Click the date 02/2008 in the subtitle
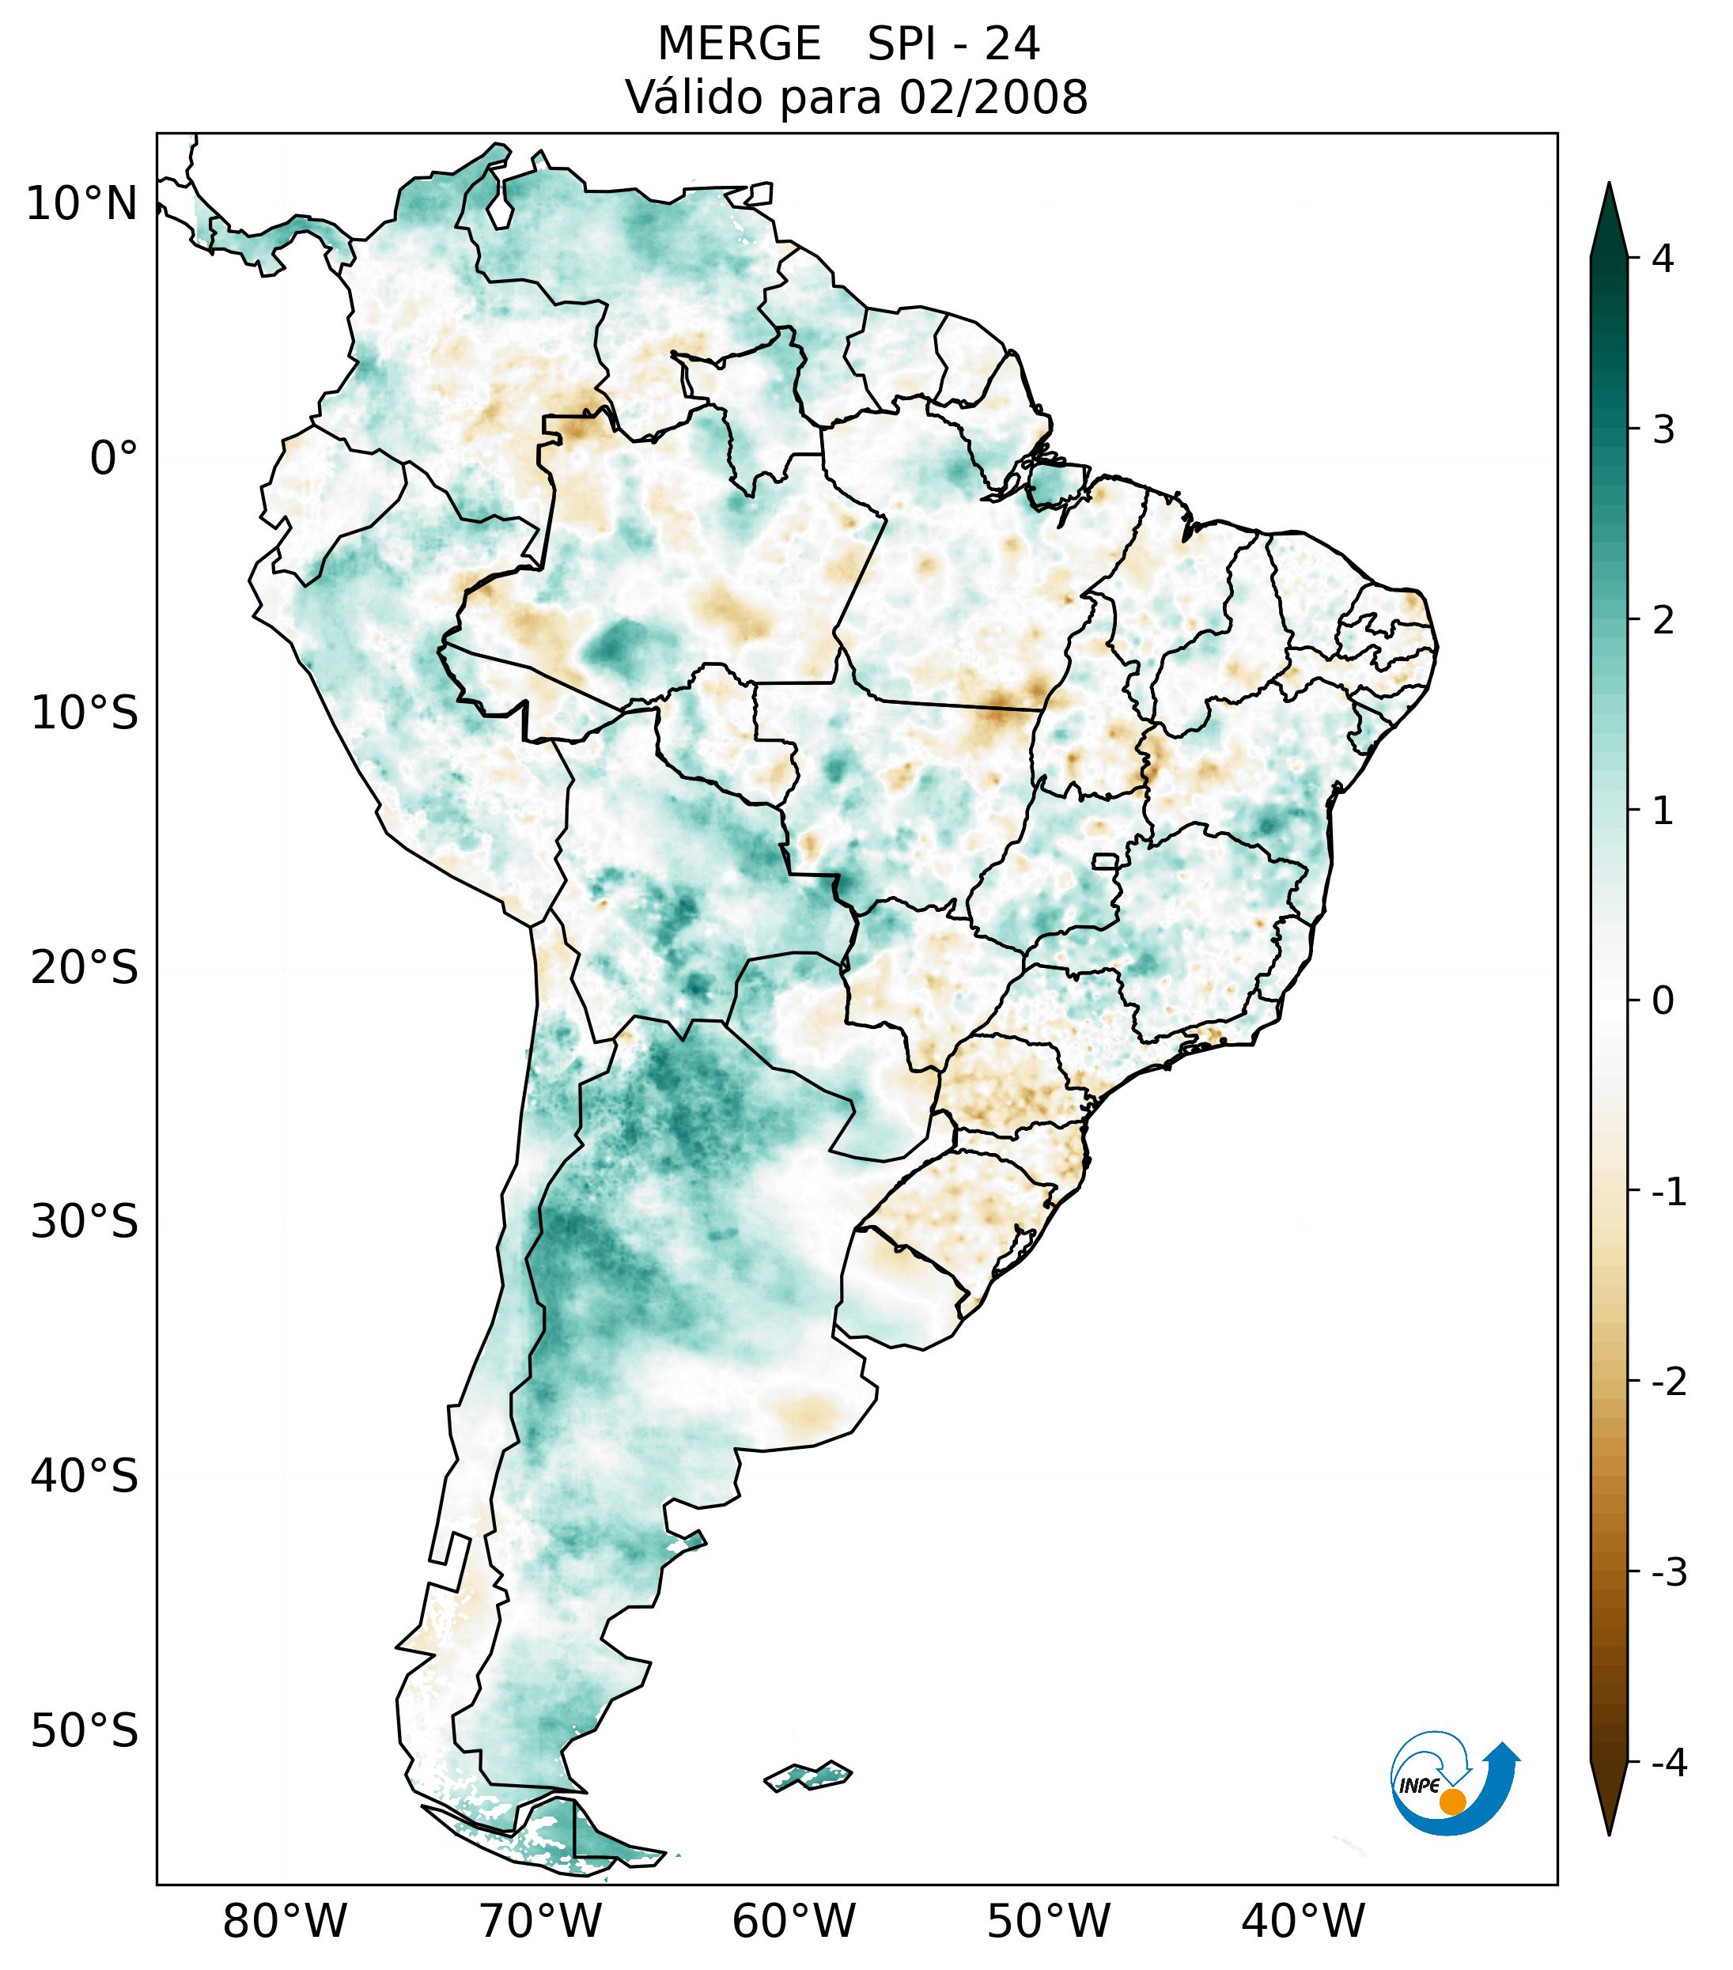coord(993,97)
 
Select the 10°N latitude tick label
coord(82,204)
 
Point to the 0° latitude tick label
coord(114,459)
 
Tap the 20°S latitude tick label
coord(85,968)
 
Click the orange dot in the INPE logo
coord(1451,1802)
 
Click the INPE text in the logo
coord(1420,1786)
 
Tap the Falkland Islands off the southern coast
coord(808,1775)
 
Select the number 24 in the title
coord(1012,44)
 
